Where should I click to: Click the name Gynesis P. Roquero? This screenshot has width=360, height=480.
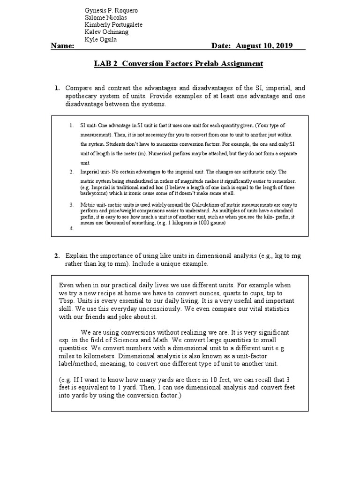coord(111,10)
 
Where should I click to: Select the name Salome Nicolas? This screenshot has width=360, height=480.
coord(105,18)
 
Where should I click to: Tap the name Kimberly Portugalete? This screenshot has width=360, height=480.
coord(113,25)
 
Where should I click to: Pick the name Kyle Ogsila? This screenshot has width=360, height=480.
coord(101,39)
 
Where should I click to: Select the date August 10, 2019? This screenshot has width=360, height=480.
coord(264,46)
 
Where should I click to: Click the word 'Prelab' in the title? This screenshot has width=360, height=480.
coord(207,64)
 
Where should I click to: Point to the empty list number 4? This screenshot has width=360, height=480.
coord(71,229)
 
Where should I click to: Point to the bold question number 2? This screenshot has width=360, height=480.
coord(57,256)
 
